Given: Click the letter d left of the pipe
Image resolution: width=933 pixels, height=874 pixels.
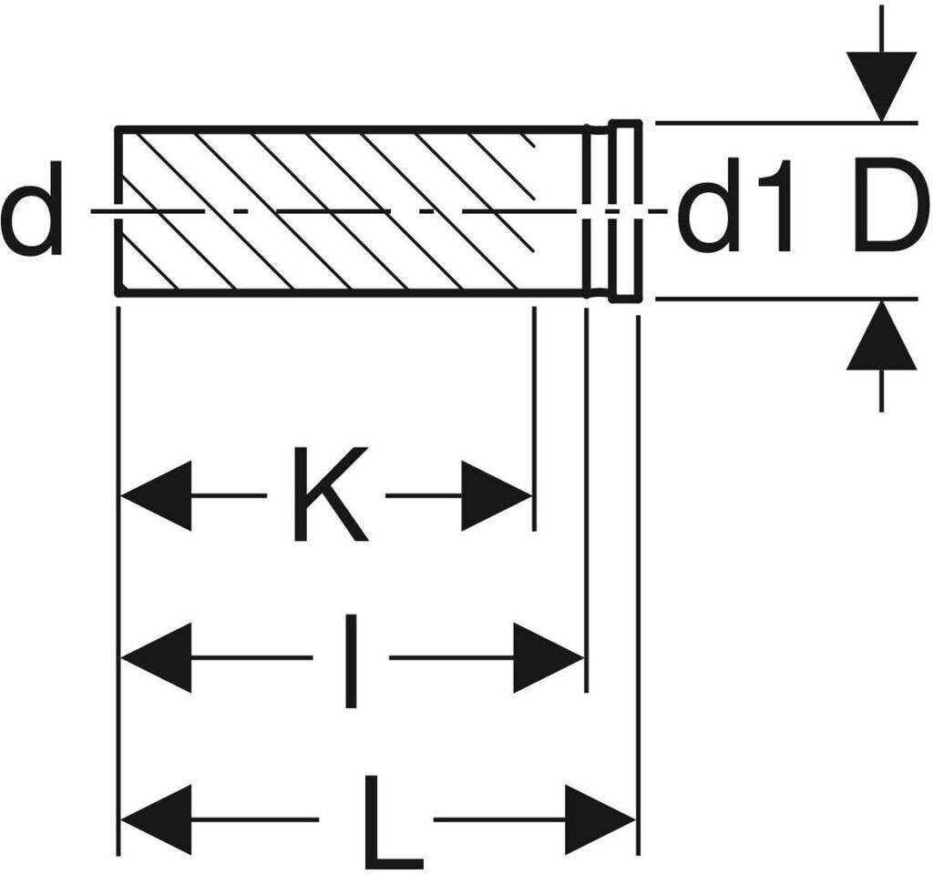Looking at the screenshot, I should [32, 208].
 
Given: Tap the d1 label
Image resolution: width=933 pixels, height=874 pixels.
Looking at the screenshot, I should [735, 208].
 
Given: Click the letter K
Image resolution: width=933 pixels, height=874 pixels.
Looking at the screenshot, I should [329, 494].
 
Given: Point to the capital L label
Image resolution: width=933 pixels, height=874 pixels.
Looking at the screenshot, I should [392, 821].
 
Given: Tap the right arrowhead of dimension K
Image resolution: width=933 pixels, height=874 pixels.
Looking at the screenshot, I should [496, 495].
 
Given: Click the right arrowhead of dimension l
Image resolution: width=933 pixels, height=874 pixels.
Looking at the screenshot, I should [547, 657].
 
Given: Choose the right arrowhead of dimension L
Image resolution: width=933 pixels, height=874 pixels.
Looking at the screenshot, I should [599, 819].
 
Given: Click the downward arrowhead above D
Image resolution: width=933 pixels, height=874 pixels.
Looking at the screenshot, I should [881, 85].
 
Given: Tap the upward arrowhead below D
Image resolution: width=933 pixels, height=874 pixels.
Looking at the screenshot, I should [881, 337].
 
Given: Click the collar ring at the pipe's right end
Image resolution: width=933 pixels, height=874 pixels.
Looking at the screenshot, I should [625, 210].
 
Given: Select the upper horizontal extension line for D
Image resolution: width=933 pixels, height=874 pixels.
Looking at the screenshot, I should [784, 121].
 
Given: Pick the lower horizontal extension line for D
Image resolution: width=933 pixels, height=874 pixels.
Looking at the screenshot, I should [784, 298].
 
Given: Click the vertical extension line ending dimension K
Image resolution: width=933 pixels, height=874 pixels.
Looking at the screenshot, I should [534, 419].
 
